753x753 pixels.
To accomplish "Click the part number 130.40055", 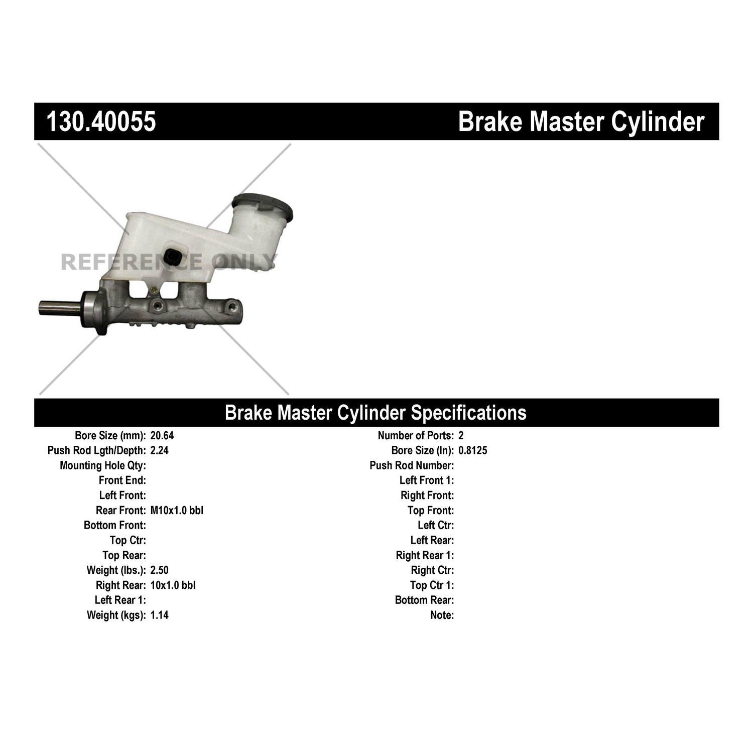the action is (101, 122).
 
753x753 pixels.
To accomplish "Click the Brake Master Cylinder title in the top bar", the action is (581, 122).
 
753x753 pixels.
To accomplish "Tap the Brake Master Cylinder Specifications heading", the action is (375, 413).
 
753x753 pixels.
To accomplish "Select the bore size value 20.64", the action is (162, 436).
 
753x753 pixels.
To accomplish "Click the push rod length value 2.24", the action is (159, 451).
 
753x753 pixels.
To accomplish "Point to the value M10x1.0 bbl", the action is (177, 511).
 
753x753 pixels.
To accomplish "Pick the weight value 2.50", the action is (159, 570).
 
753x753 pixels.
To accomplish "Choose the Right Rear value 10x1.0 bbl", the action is (173, 585).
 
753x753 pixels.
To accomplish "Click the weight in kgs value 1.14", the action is (159, 615).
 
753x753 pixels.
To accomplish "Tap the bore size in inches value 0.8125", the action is (472, 451).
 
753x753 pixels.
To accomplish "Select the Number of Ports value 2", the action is (461, 436).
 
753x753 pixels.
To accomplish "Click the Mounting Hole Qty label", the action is (103, 466).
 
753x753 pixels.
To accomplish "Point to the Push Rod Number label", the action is (412, 466).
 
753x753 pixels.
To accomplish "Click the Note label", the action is (442, 615).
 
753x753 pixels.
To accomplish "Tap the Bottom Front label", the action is (115, 526).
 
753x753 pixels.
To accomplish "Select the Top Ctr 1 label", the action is (432, 585).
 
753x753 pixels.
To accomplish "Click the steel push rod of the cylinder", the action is (59, 308).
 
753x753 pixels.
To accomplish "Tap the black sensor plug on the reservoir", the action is (175, 257).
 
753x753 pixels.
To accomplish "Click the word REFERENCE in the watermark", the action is (132, 262).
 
